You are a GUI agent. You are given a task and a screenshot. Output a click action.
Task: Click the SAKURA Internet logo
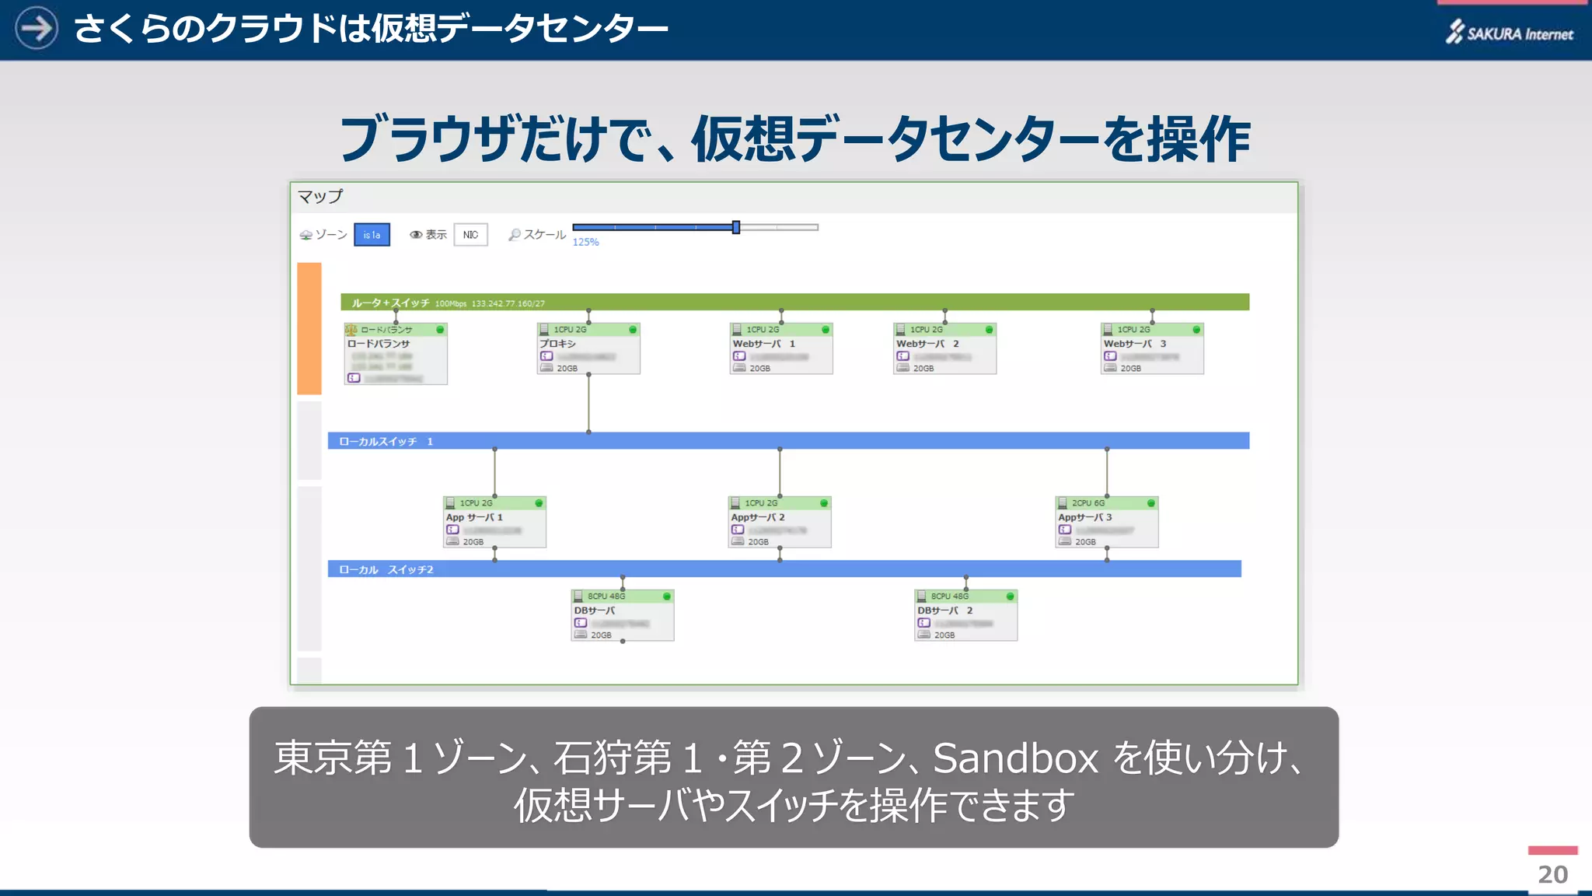(x=1510, y=33)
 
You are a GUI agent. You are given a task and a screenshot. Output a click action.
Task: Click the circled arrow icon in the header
(x=37, y=28)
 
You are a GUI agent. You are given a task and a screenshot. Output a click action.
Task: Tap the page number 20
(x=1552, y=874)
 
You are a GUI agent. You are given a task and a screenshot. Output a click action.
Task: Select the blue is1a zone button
(x=372, y=235)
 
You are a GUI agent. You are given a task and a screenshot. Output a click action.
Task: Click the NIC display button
(x=470, y=235)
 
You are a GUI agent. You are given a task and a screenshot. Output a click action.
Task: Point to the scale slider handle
(x=735, y=227)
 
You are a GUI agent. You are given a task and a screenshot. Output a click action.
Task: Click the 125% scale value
(x=585, y=243)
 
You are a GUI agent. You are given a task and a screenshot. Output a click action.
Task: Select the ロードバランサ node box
(x=396, y=354)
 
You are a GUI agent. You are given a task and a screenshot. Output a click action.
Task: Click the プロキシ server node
(x=588, y=349)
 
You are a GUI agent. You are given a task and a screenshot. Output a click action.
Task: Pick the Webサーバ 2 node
(x=944, y=349)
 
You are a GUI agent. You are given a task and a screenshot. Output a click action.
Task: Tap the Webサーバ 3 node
(x=1152, y=349)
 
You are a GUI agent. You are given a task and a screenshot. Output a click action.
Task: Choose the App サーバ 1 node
(x=494, y=522)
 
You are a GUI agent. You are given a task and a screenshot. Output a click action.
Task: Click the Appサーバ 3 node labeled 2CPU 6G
(x=1107, y=522)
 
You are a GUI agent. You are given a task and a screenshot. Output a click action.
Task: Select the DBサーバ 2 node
(x=965, y=615)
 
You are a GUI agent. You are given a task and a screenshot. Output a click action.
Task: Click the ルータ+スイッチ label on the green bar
(x=390, y=303)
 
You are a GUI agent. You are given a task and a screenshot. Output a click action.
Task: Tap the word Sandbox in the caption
(x=1015, y=758)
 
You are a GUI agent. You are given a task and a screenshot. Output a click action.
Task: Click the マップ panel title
(x=320, y=196)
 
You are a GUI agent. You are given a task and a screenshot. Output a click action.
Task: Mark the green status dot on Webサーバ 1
(x=825, y=330)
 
